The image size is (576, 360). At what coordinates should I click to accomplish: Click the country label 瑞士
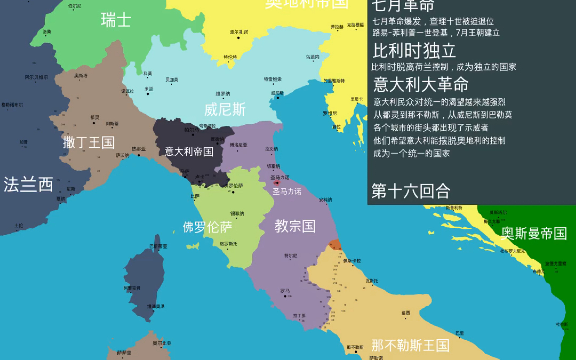coord(116,20)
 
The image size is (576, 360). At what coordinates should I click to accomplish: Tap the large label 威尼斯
coord(225,110)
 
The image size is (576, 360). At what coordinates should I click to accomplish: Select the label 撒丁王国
coord(89,143)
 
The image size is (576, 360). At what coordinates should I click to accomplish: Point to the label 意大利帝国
coord(189,152)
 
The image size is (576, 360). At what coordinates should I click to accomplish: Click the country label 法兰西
coord(28,184)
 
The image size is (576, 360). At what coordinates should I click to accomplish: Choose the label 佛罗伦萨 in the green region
coord(207,227)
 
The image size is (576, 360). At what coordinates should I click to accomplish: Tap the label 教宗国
coord(295,226)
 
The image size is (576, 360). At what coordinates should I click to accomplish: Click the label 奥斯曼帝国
coord(534,233)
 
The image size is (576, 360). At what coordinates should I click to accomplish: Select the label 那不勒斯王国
coord(410,345)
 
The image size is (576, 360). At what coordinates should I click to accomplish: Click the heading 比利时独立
coord(414,51)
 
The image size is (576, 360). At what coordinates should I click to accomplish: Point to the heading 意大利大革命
coord(421,84)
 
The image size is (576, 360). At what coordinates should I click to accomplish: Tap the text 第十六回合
coord(411,191)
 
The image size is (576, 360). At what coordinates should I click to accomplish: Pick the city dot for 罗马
coord(285,296)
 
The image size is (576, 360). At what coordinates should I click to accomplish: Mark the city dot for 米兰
coord(148,94)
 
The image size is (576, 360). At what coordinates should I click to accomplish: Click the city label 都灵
coord(95,117)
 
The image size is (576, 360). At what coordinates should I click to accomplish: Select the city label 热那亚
coord(138,149)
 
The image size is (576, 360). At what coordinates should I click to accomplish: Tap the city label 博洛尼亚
coord(239,145)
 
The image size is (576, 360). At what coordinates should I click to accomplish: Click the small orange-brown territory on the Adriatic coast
coord(335,245)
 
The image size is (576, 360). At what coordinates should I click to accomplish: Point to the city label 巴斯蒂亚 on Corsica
coord(158,246)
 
